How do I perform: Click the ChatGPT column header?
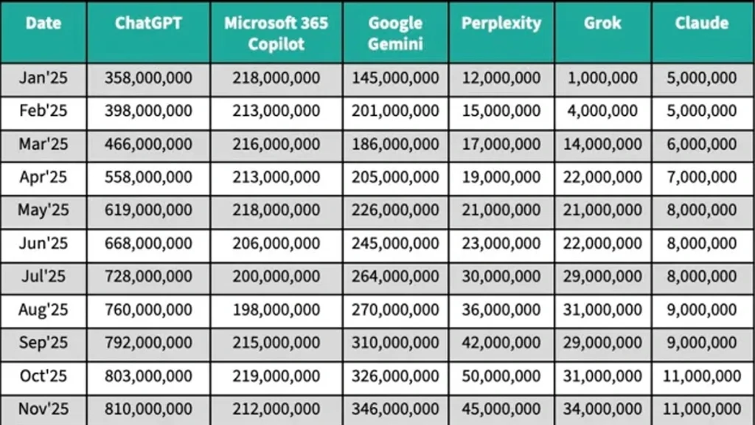coord(148,23)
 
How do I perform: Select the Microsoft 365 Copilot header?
coord(276,32)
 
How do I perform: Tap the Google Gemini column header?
coord(395,32)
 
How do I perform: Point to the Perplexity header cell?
coord(501,23)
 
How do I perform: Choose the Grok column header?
coord(602,23)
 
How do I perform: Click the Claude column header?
coord(701,23)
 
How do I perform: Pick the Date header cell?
coord(43,23)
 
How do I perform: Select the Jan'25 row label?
coord(43,77)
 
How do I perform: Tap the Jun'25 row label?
coord(43,243)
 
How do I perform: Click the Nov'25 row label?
coord(43,409)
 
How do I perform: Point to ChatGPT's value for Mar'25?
coord(148,144)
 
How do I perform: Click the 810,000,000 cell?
coord(148,409)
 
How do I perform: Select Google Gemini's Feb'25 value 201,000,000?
coord(395,111)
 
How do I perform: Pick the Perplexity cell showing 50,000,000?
coord(501,376)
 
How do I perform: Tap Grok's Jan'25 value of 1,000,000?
coord(602,77)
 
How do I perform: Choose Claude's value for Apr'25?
coord(701,177)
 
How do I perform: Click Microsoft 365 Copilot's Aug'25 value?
coord(276,309)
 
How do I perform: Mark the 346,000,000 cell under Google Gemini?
coord(395,409)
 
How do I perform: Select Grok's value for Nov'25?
coord(602,409)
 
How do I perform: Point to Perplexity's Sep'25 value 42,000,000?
coord(501,342)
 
